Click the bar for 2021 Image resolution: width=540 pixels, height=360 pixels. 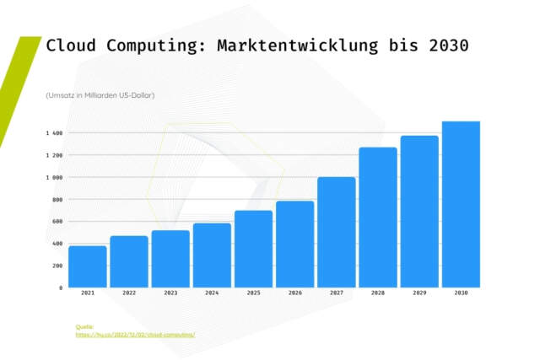click(x=88, y=266)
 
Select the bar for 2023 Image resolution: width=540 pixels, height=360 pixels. click(x=170, y=259)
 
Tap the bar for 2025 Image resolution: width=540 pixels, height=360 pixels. click(x=253, y=249)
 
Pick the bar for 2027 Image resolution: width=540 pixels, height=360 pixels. click(x=337, y=232)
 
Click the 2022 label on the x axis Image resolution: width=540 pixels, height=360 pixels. click(x=129, y=293)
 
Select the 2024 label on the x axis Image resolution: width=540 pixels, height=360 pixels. click(x=212, y=293)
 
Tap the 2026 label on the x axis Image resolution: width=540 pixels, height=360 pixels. click(x=294, y=293)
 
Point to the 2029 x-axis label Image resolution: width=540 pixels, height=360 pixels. click(x=419, y=293)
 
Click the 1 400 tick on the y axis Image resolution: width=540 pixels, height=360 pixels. click(x=55, y=133)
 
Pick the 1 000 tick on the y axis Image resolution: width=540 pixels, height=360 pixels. click(x=55, y=178)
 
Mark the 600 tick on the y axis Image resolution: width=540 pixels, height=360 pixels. click(x=57, y=222)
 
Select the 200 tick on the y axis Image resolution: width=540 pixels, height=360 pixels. click(x=57, y=266)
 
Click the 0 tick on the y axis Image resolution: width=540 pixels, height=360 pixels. click(x=60, y=287)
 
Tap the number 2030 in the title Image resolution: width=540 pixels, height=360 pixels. click(x=448, y=46)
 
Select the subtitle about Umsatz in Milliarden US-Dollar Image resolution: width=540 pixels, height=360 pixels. click(x=100, y=94)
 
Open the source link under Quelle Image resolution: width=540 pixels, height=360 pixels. click(x=135, y=335)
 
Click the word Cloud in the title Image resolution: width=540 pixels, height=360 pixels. click(x=71, y=46)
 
